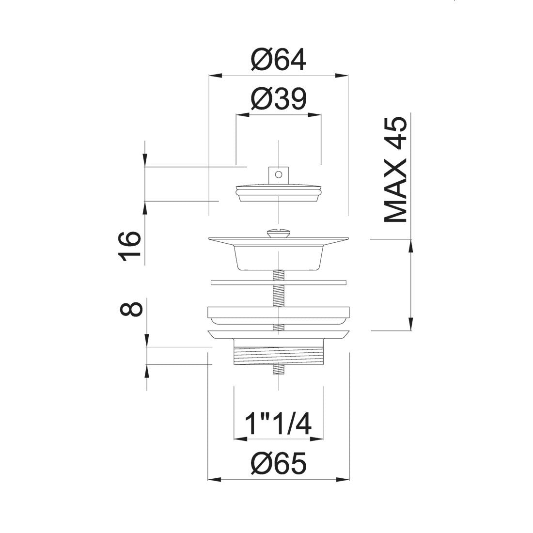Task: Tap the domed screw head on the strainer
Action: click(x=278, y=234)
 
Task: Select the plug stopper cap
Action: click(x=278, y=191)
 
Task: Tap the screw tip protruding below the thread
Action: click(x=278, y=371)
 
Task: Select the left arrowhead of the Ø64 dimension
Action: click(x=214, y=75)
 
